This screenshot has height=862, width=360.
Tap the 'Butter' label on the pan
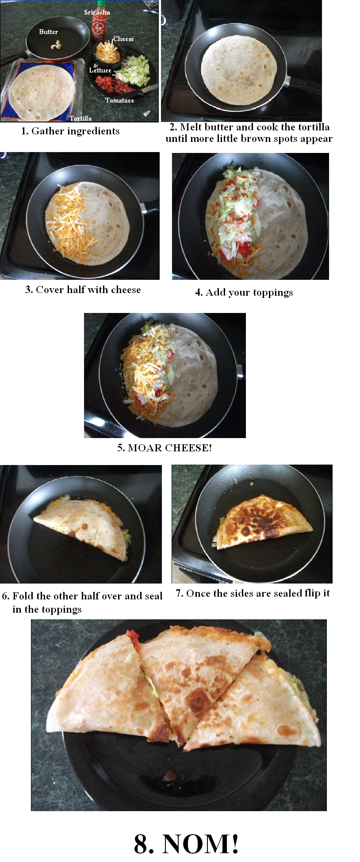(x=49, y=32)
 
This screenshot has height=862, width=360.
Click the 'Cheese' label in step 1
(x=123, y=39)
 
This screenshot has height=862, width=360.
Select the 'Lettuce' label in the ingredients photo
(x=100, y=70)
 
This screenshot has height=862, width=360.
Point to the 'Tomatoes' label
(x=119, y=100)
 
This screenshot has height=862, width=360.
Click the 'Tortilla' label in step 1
(x=80, y=118)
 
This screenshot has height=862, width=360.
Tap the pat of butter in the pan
(x=55, y=45)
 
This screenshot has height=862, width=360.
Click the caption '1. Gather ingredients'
(x=70, y=131)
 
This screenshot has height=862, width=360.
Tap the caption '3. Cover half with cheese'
(x=83, y=290)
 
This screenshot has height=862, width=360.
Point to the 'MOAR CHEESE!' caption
(x=170, y=448)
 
